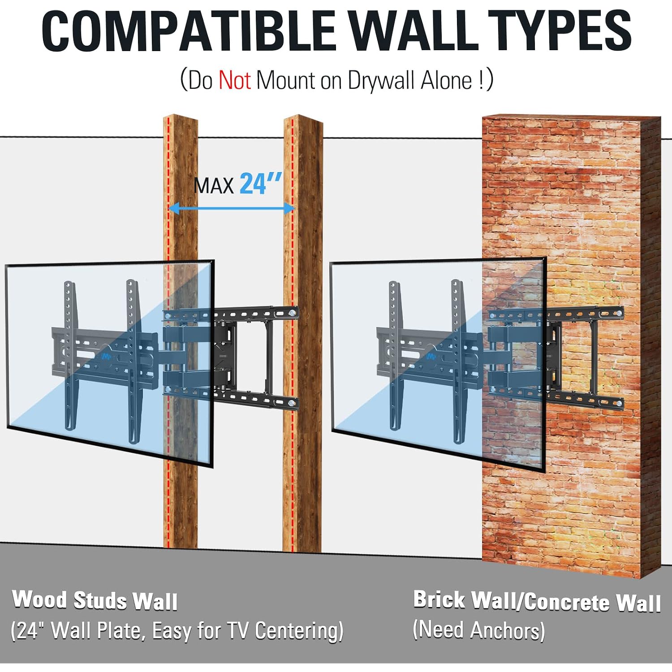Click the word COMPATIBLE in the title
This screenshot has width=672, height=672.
click(189, 31)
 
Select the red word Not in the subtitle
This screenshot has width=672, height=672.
click(234, 81)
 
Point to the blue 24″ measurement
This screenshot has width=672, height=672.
click(261, 184)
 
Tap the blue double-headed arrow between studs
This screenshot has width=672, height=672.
click(232, 208)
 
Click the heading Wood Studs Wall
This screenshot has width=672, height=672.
click(95, 600)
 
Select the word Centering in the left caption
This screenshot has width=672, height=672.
click(299, 631)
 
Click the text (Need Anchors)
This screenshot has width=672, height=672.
click(478, 630)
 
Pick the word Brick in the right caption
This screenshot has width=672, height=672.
click(439, 599)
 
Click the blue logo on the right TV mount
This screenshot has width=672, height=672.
click(431, 356)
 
